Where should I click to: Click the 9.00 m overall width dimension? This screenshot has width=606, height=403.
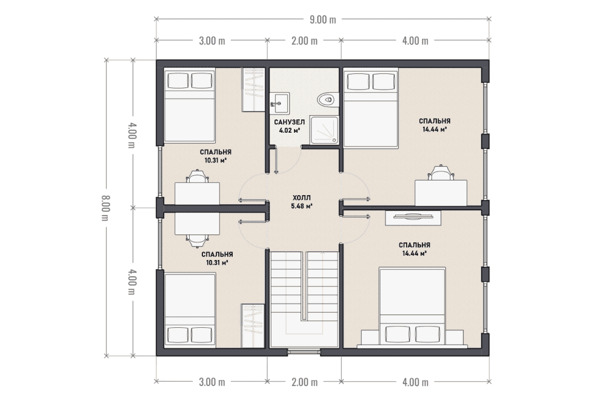[323, 19]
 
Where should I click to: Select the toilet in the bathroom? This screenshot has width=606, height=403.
[327, 99]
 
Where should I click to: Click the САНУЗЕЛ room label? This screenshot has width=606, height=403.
[290, 122]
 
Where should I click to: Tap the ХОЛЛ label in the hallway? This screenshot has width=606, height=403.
[301, 198]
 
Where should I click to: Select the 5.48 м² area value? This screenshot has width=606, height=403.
[301, 206]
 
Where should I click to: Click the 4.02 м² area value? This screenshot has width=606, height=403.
[290, 130]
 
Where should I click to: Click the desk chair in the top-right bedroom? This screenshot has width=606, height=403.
[440, 172]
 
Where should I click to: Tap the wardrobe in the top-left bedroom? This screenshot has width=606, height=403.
[253, 90]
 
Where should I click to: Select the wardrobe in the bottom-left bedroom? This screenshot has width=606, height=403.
[253, 325]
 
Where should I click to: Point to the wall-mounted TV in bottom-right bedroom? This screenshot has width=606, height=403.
[413, 217]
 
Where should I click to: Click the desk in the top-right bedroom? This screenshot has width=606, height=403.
[441, 193]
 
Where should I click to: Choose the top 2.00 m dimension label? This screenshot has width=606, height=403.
[305, 41]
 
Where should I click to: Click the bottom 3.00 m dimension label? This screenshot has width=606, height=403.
[211, 382]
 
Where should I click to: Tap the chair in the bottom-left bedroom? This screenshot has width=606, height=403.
[197, 241]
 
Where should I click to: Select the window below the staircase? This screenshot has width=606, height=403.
[304, 351]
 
